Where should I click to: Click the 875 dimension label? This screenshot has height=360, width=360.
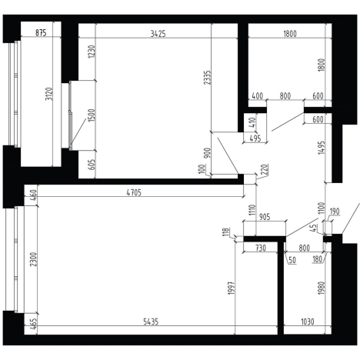(41, 33)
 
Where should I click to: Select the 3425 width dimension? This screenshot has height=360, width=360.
(158, 34)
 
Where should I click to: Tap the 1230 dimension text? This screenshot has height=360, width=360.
(92, 52)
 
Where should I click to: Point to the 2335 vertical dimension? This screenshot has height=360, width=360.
(207, 78)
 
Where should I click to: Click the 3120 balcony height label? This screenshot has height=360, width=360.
(48, 94)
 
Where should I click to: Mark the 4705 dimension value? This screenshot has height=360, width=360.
(134, 192)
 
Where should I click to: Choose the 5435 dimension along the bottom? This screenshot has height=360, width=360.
(151, 322)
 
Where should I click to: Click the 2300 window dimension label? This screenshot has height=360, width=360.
(33, 259)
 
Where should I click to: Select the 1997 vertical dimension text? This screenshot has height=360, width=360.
(232, 288)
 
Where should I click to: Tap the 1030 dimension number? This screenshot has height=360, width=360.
(307, 322)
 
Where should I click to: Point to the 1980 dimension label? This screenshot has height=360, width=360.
(322, 288)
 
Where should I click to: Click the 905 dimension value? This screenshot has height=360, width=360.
(265, 217)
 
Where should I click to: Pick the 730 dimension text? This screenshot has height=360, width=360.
(260, 248)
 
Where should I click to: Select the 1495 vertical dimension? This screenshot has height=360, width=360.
(322, 148)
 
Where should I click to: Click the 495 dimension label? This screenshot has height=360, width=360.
(255, 138)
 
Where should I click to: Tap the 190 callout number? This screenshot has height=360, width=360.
(335, 212)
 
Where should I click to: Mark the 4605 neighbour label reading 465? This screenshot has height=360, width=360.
(33, 324)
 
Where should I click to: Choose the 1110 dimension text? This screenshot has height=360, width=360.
(252, 210)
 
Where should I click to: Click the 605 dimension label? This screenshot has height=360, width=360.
(92, 165)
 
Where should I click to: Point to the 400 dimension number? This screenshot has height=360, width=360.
(258, 96)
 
